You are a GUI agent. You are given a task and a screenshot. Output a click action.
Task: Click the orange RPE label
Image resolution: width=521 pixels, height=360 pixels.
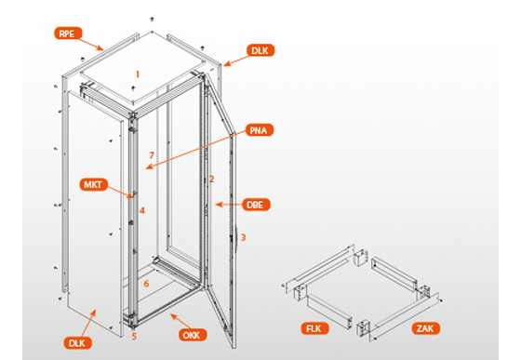(x=69, y=33)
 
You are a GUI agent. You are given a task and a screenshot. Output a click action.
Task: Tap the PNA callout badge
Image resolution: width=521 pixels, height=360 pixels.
(x=260, y=130)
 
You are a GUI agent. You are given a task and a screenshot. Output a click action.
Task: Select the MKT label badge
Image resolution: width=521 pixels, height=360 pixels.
(x=94, y=184)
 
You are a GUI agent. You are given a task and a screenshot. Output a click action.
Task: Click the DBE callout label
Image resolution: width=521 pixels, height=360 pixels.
(x=256, y=205)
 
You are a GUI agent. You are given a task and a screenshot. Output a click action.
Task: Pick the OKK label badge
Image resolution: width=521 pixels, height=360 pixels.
(x=193, y=335)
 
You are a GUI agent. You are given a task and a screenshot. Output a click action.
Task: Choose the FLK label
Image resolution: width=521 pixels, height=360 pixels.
(x=315, y=328)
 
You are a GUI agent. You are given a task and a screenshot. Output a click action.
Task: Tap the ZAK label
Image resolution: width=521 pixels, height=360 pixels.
(x=426, y=328)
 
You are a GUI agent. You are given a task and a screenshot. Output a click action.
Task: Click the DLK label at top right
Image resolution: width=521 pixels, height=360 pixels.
(x=260, y=50)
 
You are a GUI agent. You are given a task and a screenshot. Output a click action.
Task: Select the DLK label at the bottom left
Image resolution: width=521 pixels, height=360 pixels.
(x=78, y=343)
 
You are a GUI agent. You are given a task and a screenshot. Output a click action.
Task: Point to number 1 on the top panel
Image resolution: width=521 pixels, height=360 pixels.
(x=138, y=74)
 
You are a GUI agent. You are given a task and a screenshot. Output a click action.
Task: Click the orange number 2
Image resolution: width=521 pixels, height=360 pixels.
(x=212, y=180)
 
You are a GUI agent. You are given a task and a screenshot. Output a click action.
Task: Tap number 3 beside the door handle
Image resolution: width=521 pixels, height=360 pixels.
(x=243, y=238)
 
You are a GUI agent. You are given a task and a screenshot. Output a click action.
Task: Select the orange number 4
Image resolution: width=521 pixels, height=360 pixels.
(x=142, y=210)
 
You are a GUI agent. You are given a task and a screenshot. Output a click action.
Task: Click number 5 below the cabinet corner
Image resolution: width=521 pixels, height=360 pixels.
(x=134, y=337)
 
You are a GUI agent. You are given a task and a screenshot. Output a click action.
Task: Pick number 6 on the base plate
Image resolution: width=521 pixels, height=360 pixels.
(x=146, y=284)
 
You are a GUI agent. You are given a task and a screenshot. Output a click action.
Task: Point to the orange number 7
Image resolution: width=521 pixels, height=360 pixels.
(x=152, y=155)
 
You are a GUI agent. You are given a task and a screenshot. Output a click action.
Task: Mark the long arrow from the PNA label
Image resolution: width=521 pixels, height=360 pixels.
(x=195, y=150)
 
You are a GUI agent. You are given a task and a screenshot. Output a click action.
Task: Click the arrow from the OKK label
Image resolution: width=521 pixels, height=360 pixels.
(x=180, y=321)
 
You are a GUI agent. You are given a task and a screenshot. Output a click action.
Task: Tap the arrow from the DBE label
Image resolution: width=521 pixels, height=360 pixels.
(x=228, y=205)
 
